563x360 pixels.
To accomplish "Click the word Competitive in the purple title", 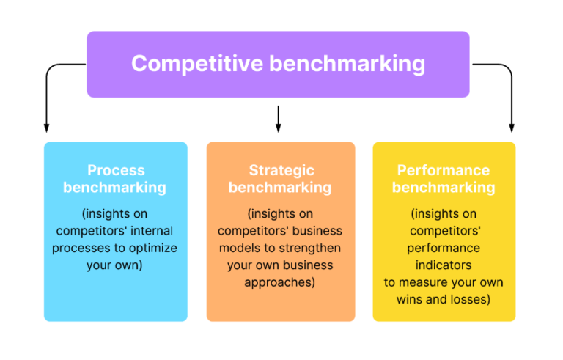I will pyautogui.click(x=196, y=64).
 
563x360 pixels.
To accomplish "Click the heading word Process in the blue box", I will pyautogui.click(x=115, y=170).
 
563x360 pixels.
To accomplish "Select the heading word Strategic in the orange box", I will pyautogui.click(x=280, y=170).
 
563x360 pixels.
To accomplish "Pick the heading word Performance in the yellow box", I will pyautogui.click(x=444, y=170).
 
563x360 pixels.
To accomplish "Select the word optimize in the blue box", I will pyautogui.click(x=153, y=248).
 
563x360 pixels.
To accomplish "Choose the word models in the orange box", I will pyautogui.click(x=235, y=248).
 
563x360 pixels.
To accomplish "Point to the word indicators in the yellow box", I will pyautogui.click(x=444, y=265).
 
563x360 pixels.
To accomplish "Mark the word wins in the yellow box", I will pyautogui.click(x=411, y=299).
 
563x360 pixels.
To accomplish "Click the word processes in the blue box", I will pyautogui.click(x=80, y=248).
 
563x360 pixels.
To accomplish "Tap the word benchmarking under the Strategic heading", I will pyautogui.click(x=280, y=188).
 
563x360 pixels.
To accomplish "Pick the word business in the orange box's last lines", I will pyautogui.click(x=308, y=265).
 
